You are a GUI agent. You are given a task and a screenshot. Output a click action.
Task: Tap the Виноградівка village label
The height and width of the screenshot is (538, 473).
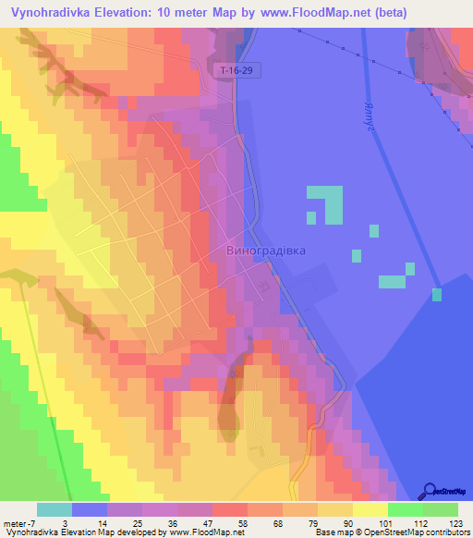point(265,251)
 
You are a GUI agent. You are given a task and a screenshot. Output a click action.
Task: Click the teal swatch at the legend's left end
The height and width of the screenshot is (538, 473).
point(55,509)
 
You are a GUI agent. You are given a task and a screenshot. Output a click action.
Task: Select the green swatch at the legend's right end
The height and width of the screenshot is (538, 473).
point(441,509)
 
